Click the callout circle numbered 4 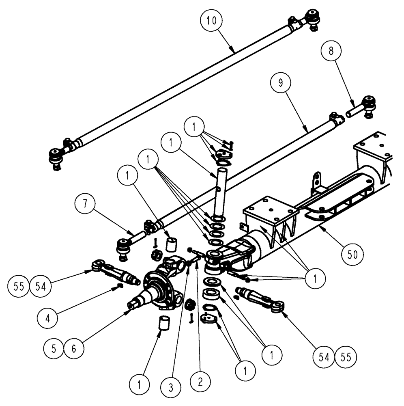pyautogui.click(x=48, y=317)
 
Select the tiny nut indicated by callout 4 pyautogui.click(x=120, y=287)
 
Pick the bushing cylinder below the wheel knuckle pyautogui.click(x=163, y=324)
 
